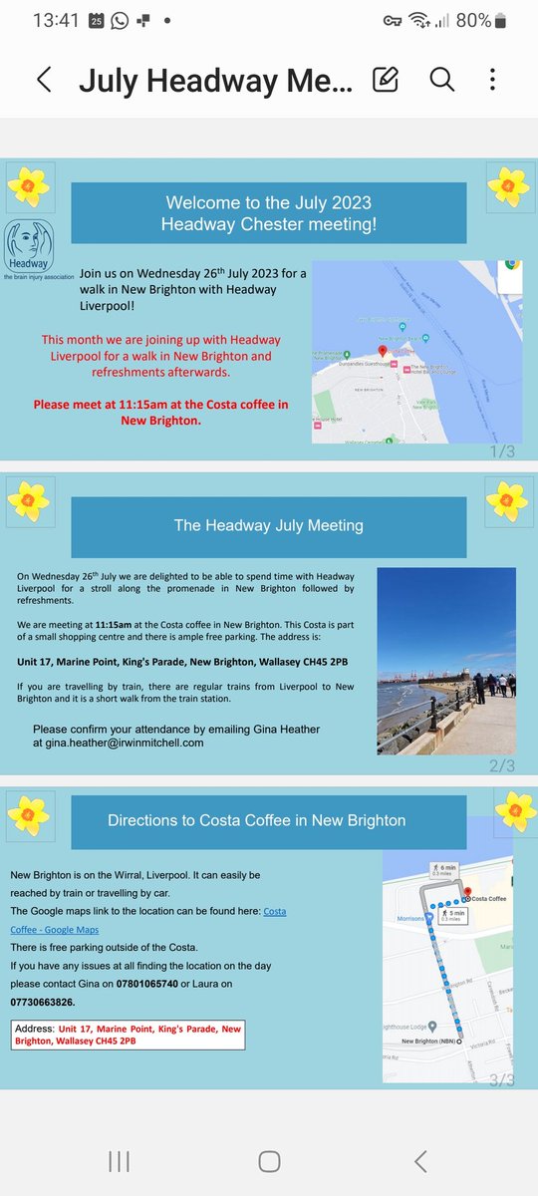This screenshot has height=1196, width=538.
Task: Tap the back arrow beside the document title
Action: pos(44,80)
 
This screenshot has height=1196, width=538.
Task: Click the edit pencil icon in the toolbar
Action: pos(385,80)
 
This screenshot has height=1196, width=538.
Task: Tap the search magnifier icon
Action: pos(441,80)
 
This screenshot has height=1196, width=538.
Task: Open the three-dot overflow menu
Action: pos(492,80)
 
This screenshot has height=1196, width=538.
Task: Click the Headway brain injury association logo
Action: pos(26,250)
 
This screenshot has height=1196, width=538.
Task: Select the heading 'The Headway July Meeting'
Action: pos(268,525)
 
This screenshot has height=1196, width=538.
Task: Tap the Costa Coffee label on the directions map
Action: pos(491,899)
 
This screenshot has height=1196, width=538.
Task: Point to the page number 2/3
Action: pos(501,765)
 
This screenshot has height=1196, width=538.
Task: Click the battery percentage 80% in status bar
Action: pos(474,20)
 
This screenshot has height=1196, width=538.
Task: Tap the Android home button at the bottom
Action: pos(269,1161)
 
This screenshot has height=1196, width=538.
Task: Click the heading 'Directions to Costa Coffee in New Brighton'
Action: pos(256,820)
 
